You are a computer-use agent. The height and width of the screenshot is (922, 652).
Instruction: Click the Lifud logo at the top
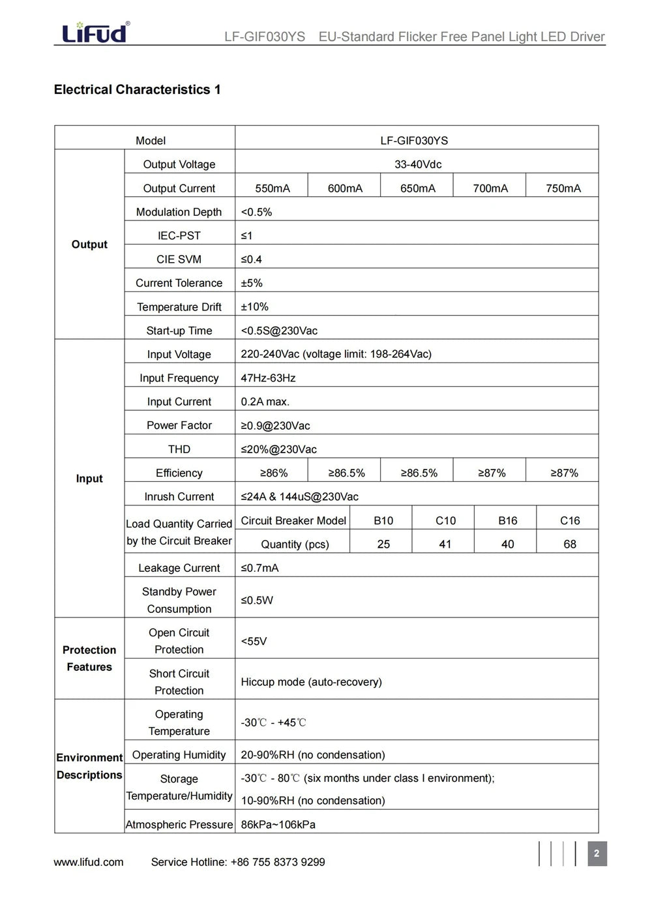(x=95, y=32)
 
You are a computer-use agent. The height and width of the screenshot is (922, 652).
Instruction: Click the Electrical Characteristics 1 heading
(x=137, y=90)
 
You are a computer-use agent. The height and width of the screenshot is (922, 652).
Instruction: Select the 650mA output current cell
(x=417, y=188)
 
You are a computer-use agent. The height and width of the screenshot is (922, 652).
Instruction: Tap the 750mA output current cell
(x=563, y=188)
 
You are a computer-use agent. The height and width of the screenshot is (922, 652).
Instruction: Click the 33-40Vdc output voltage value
(x=417, y=164)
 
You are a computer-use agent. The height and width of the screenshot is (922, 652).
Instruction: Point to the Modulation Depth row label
(x=179, y=212)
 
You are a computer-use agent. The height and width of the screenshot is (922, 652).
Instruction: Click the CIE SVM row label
(x=179, y=260)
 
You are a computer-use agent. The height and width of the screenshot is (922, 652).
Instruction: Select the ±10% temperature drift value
(x=254, y=306)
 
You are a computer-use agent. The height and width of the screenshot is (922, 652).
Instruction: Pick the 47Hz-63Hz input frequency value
(x=268, y=378)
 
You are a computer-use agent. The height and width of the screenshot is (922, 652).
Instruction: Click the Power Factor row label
(x=179, y=426)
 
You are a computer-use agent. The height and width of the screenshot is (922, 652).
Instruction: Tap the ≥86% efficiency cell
(x=274, y=473)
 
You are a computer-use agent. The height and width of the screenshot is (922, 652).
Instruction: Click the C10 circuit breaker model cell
(x=445, y=520)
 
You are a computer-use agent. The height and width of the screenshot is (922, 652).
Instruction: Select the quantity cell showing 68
(x=569, y=544)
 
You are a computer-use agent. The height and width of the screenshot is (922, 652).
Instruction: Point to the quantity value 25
(x=383, y=544)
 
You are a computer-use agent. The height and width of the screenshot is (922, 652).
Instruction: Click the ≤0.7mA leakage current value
(x=259, y=568)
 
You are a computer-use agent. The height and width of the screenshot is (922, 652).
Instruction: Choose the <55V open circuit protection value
(x=254, y=642)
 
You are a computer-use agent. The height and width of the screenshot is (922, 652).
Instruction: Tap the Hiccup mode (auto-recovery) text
(x=311, y=682)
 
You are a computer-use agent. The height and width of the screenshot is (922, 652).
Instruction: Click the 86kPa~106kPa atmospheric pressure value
(x=278, y=825)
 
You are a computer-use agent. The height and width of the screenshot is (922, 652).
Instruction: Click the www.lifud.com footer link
(x=89, y=862)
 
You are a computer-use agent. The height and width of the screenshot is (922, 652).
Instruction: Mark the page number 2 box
(x=597, y=854)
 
